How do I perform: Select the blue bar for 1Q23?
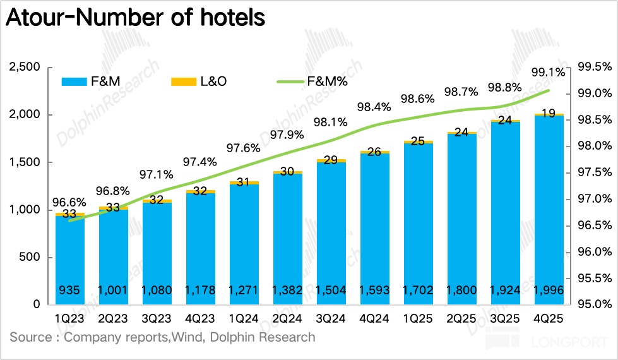click(x=69, y=259)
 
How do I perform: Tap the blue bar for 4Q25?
click(x=549, y=208)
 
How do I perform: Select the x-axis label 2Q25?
click(x=462, y=320)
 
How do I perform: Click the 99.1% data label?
click(x=549, y=73)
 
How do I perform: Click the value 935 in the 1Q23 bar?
click(x=69, y=291)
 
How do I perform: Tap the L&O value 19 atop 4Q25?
click(x=549, y=114)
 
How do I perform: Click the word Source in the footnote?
click(x=30, y=337)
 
